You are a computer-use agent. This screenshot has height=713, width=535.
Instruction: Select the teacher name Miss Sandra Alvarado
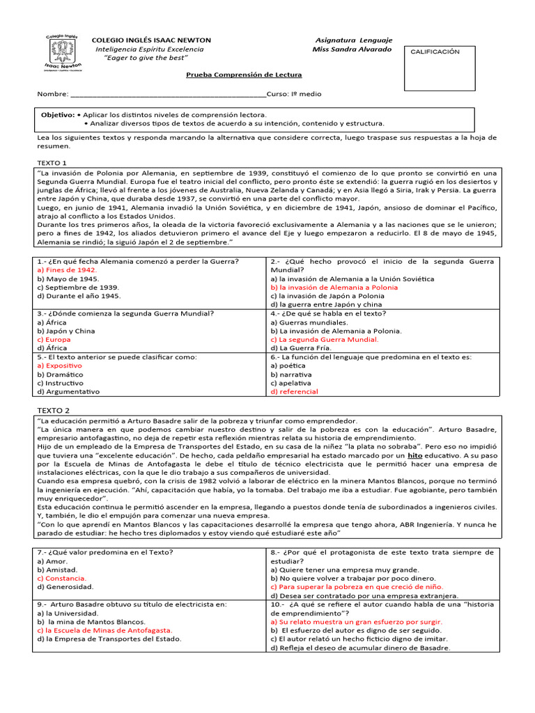click(x=352, y=49)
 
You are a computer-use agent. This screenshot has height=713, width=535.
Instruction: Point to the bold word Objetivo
click(x=57, y=114)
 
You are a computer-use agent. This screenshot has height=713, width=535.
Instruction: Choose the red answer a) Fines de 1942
click(x=67, y=270)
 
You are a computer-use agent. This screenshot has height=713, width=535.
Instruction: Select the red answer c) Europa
click(x=54, y=339)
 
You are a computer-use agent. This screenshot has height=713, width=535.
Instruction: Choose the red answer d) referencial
click(x=294, y=391)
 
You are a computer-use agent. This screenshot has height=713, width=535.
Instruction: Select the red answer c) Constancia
click(x=62, y=578)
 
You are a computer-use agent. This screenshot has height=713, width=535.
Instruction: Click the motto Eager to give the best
click(x=146, y=58)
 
